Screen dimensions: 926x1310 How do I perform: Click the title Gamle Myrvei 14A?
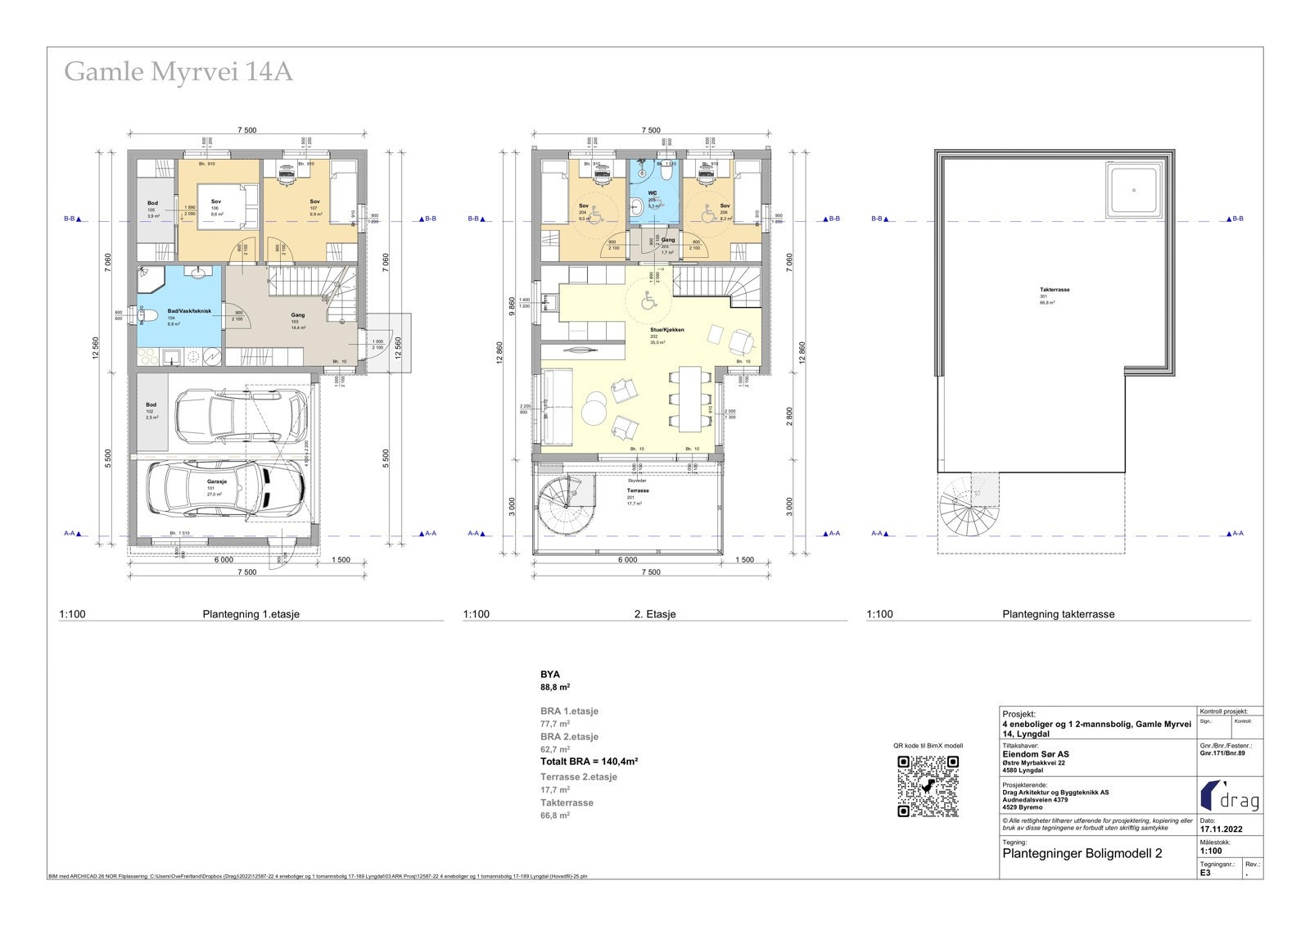[x=178, y=72]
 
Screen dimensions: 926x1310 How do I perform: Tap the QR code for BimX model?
[x=928, y=786]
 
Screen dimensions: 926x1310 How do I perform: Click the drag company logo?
[x=1229, y=796]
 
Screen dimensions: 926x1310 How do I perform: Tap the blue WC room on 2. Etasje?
[x=653, y=201]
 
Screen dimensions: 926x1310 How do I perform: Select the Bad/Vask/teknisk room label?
[x=189, y=311]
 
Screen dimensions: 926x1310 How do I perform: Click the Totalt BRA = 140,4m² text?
[x=589, y=761]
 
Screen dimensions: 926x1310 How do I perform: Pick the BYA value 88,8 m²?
[x=555, y=688]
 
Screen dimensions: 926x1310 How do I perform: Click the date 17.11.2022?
[x=1222, y=829]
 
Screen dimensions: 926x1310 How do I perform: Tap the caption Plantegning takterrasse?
[x=1058, y=614]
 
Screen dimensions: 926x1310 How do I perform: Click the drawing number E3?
[x=1206, y=873]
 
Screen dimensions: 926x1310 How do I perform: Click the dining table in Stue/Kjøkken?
[x=689, y=399]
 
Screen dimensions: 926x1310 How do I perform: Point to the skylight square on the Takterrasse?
[x=1134, y=190]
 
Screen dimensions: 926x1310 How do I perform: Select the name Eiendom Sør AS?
[x=1035, y=754]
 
